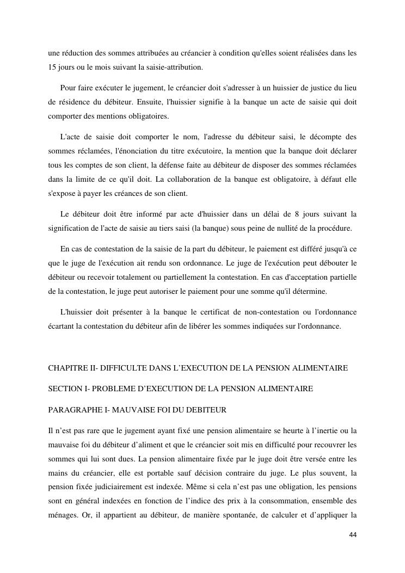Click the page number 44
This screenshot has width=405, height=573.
click(x=353, y=535)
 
